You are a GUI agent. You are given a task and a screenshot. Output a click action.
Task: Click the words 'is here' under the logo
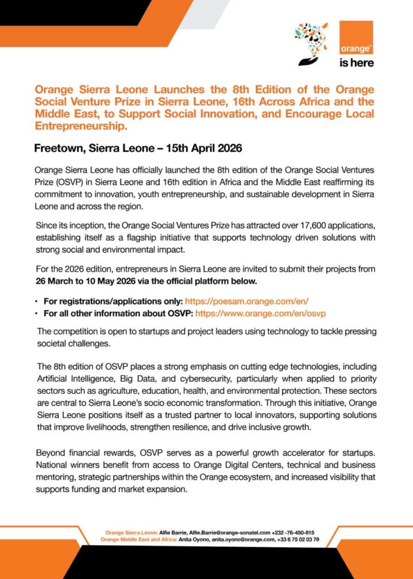[356, 63]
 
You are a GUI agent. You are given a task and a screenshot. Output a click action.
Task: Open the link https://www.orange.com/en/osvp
[261, 313]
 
